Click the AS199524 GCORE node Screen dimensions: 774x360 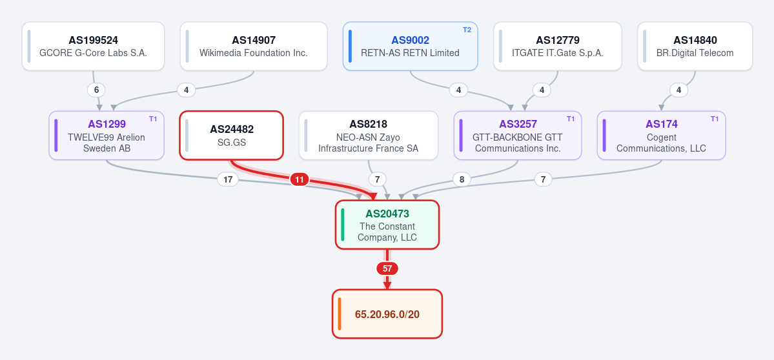[94, 46]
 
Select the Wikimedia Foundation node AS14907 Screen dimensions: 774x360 [254, 46]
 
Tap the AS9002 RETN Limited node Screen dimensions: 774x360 [410, 46]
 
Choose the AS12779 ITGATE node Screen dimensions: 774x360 [558, 46]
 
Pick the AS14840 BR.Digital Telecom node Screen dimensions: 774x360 [695, 46]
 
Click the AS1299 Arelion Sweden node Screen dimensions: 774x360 [107, 135]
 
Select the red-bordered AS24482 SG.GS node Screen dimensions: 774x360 [232, 135]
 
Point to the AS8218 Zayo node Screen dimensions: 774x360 [368, 135]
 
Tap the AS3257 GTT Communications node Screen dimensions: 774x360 [518, 135]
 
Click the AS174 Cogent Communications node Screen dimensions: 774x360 [662, 135]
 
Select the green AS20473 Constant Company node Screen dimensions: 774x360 [387, 225]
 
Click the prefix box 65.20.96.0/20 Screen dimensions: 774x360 [387, 314]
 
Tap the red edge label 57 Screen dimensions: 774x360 [387, 269]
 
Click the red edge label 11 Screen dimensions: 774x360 [299, 179]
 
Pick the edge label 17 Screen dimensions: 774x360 [228, 179]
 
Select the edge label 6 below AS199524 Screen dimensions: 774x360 [96, 90]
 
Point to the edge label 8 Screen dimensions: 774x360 [462, 179]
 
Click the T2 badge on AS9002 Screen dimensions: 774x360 [467, 30]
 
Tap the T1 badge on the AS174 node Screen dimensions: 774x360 [715, 118]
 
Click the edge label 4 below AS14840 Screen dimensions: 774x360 [678, 90]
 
